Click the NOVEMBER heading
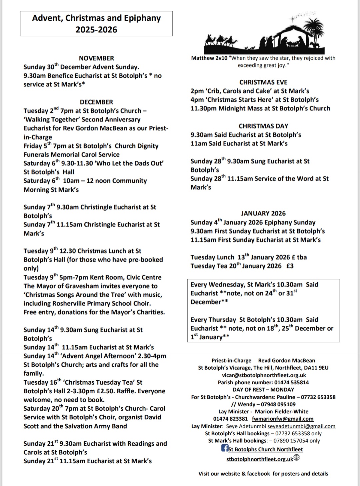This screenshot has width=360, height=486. click(x=96, y=58)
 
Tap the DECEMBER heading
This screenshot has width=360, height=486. click(x=96, y=102)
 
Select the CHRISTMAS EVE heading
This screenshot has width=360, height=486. click(x=263, y=82)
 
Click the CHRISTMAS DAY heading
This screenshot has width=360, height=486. click(x=263, y=126)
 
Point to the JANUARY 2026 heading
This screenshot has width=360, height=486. click(x=263, y=213)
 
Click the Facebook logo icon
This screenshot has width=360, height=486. click(x=225, y=448)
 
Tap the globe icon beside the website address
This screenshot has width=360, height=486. click(x=297, y=458)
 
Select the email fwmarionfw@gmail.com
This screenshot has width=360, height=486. click(x=283, y=419)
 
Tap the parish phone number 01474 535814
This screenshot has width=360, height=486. click(x=291, y=382)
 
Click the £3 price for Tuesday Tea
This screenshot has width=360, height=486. click(x=290, y=266)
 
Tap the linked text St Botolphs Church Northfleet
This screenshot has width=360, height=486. click(x=265, y=449)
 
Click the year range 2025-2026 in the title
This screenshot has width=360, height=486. click(x=96, y=30)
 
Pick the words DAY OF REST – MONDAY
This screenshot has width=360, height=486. click(x=263, y=390)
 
